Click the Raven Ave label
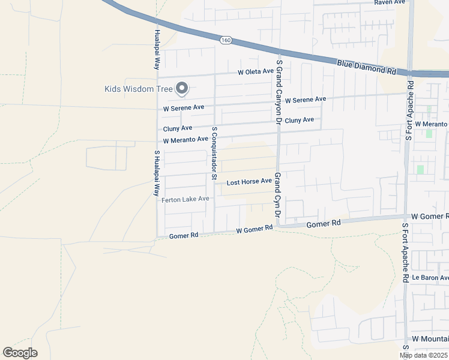pos(390,2)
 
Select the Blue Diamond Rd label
pos(366,67)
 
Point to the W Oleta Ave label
pos(255,72)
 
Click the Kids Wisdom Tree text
pos(138,89)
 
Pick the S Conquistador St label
pos(214,153)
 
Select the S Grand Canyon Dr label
pos(279,90)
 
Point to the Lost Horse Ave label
pos(249,181)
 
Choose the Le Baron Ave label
pos(430,278)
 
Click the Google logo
pos(20,353)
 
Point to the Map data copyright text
pos(424,355)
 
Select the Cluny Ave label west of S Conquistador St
pos(178,128)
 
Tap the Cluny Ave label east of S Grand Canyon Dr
pos(299,120)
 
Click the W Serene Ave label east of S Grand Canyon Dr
pos(306,100)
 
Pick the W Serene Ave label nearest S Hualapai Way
pos(184,107)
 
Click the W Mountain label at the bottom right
pos(430,340)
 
